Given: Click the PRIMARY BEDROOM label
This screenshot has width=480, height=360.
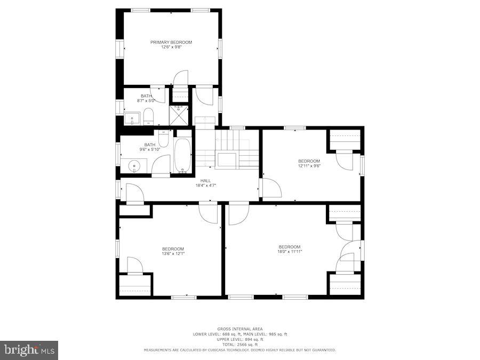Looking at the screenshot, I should coord(171,42).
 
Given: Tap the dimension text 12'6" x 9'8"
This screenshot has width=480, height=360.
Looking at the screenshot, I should coord(171,47).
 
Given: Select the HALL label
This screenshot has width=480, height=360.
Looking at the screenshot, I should coord(205,181).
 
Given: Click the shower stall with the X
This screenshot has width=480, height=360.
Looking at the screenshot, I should coord(179,115).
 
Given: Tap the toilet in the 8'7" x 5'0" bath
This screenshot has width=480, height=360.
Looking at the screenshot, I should coord(149,117).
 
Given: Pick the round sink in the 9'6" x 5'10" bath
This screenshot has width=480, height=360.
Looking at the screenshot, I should coord(133,166).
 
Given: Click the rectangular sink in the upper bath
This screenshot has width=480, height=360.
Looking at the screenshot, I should coord(131,118).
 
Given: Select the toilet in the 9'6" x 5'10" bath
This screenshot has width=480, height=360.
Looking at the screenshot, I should coord(164,139).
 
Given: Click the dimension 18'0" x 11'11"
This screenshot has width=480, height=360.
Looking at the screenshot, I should coord(290,251).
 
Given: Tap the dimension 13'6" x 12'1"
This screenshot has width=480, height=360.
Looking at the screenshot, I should coord(173,253).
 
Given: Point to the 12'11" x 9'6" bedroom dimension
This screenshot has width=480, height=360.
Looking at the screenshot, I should coord(309,165).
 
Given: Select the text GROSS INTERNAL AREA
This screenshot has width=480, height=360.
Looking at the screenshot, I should coord(239,329).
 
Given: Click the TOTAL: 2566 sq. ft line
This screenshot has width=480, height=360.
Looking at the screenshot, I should coord(239,345).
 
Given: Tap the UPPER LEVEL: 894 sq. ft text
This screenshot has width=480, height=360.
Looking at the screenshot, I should coord(239,339).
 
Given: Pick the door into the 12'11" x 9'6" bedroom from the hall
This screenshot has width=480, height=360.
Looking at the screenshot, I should coord(271,188).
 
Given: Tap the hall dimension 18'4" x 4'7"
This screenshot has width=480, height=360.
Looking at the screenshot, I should coord(205,186).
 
